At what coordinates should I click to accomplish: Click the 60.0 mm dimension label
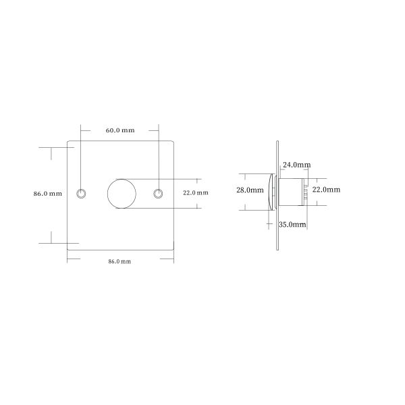pos(120,130)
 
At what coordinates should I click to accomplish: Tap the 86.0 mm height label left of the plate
pos(48,194)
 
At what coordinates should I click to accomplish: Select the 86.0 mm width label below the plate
pos(119,261)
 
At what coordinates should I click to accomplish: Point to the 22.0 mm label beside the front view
pos(196,192)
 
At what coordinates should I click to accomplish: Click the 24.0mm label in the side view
pos(297,165)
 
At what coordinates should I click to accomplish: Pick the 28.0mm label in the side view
pos(250,190)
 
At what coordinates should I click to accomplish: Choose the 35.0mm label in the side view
pos(292,225)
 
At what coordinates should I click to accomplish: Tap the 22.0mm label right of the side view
pos(326,190)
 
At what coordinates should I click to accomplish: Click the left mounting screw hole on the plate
pos(81,194)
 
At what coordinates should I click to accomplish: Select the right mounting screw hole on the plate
pos(158,194)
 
